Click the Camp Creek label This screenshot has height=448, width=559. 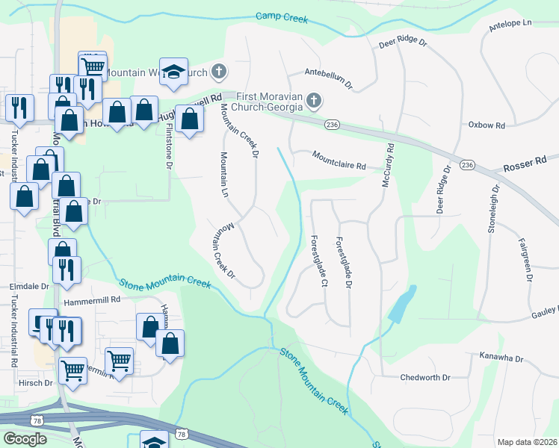click(x=282, y=16)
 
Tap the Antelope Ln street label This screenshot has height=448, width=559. click(x=510, y=25)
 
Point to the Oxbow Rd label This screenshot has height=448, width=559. click(x=487, y=125)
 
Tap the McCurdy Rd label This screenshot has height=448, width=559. click(x=388, y=166)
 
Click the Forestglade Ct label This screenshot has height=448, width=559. click(x=318, y=261)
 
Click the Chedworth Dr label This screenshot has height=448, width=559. click(x=425, y=378)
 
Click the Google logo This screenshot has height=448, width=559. click(x=25, y=439)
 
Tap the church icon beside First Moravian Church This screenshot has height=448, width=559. click(x=315, y=100)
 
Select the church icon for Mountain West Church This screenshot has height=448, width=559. click(x=218, y=72)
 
